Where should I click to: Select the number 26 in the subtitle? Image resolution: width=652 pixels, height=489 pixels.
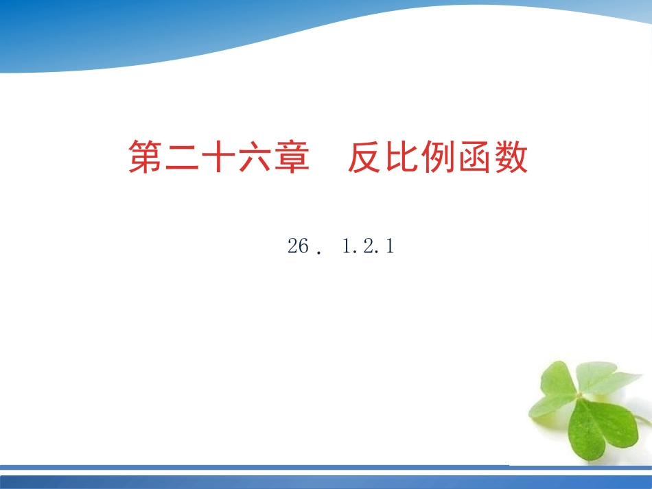point(299,247)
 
